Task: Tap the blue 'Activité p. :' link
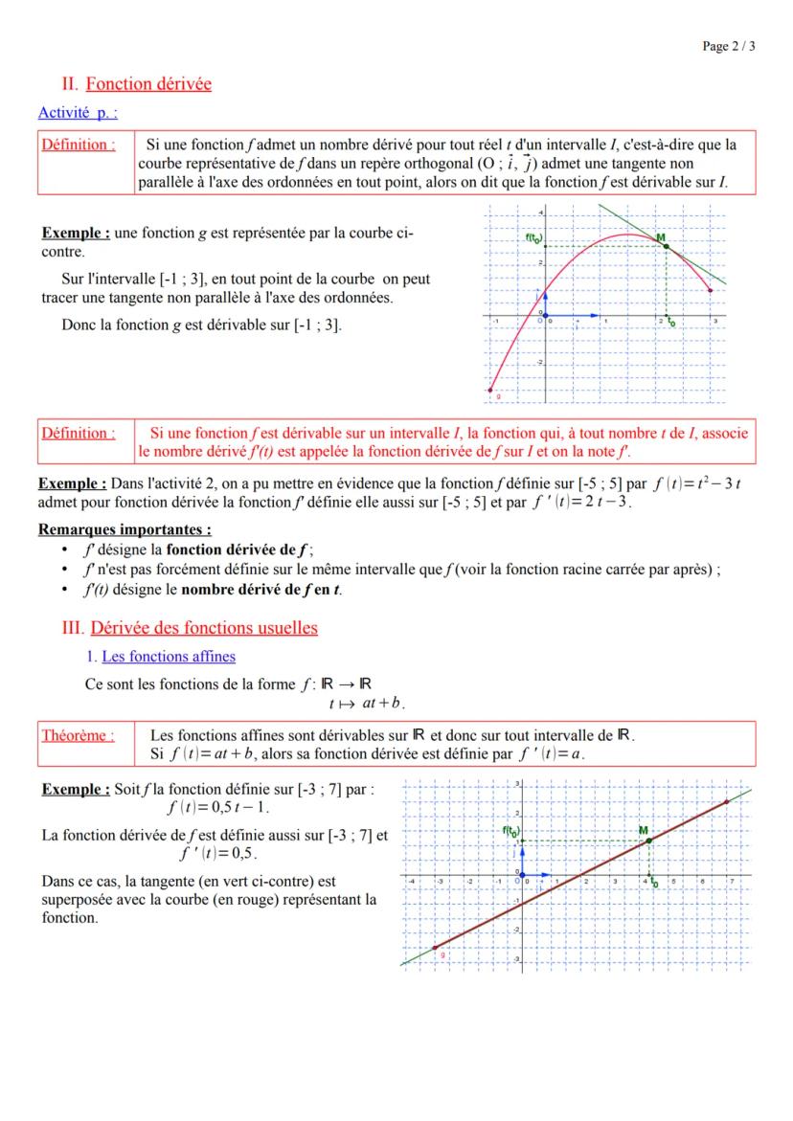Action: pos(78,113)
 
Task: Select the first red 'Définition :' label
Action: pos(78,145)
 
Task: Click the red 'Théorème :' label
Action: pos(77,736)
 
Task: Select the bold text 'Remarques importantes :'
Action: pos(125,528)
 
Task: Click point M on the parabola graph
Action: pos(666,246)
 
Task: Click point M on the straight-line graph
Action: pos(649,841)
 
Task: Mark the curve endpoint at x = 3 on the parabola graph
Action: pos(710,290)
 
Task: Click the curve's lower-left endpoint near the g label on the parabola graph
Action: pos(491,390)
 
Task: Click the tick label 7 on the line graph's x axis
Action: pos(730,880)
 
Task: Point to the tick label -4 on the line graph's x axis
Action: pos(411,880)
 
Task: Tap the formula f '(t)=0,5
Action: pos(217,852)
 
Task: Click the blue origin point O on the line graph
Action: pos(519,874)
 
